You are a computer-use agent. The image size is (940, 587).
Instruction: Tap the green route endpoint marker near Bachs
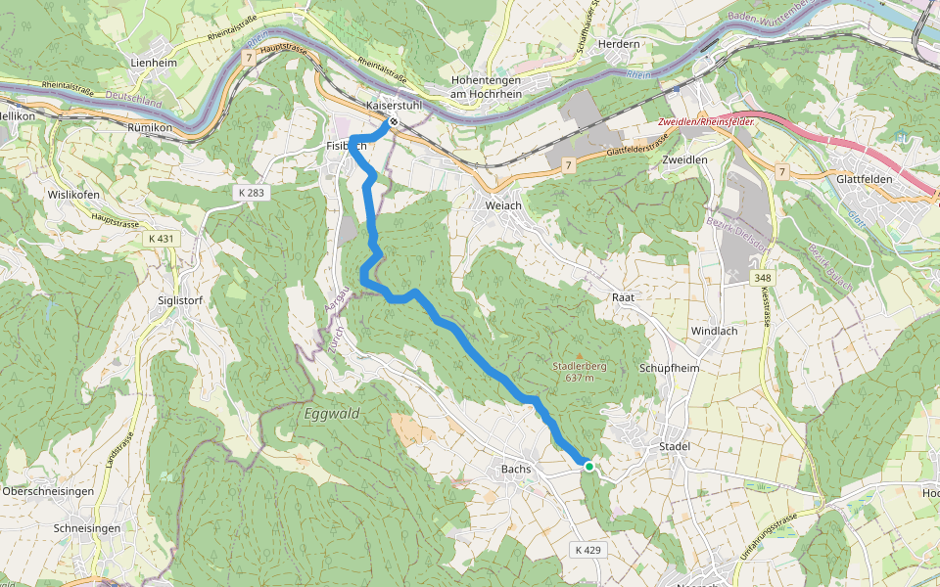pos(588,467)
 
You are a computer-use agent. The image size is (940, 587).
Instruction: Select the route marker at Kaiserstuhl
pos(393,122)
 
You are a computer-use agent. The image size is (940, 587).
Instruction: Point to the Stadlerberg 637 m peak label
pos(580,372)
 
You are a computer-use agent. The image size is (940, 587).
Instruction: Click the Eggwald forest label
pos(330,414)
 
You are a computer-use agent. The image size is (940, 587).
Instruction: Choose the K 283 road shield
pos(251,193)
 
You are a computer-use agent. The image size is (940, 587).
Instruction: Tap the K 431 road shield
pos(160,239)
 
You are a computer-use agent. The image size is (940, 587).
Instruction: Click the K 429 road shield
pos(587,550)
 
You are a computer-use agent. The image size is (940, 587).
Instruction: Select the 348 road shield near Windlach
pos(763,279)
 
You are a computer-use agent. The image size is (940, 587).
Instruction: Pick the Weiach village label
pos(503,206)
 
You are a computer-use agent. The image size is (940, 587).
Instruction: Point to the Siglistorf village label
pos(180,300)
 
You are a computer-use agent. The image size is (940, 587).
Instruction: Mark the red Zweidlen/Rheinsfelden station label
pos(704,120)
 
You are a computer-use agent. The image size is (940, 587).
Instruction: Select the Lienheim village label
pos(153,63)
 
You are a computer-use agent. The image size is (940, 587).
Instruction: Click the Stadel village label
pos(676,446)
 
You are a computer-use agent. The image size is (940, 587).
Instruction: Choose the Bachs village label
pos(515,470)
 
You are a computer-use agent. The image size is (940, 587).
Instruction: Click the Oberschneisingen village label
pos(48,490)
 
